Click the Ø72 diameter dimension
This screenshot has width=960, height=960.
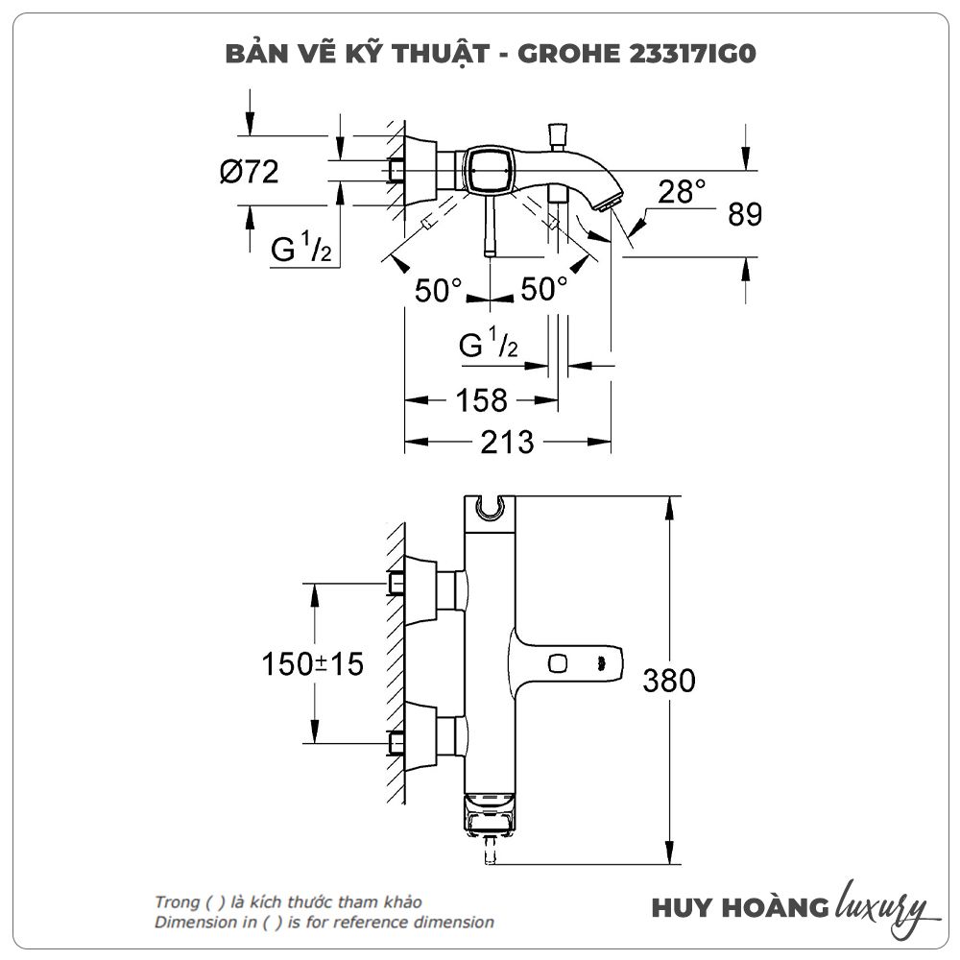coord(249,173)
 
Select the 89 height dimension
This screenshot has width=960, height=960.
coord(744,214)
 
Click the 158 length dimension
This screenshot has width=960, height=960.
coord(481,400)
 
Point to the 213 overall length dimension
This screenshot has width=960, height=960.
coord(507,442)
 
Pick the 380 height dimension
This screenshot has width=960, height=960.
coord(668,681)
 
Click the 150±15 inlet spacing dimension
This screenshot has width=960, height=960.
coord(313,663)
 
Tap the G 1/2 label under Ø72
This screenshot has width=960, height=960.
coord(300,249)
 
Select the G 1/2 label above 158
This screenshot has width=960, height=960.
coord(488,346)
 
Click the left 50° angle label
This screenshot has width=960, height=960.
coord(439,290)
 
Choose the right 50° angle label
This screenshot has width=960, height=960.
coord(544,289)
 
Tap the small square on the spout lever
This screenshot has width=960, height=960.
coord(557,662)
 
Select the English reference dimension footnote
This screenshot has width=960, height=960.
coord(324,923)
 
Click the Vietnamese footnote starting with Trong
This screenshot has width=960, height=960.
coord(288,902)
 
